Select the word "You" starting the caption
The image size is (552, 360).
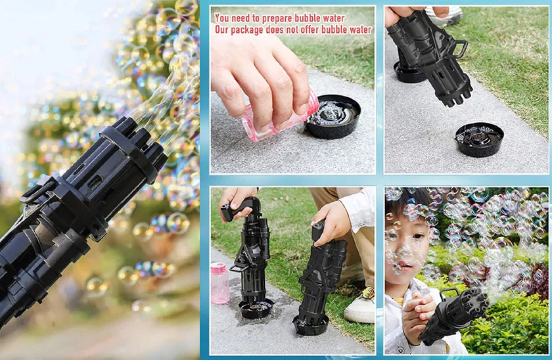pos(223,17)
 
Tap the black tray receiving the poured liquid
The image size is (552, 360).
pos(333,116)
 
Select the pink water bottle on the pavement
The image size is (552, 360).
pos(220,283)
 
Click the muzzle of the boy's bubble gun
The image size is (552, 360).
pos(476,302)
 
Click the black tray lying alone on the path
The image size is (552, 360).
pos(479,139)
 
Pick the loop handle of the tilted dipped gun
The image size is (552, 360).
pos(460,49)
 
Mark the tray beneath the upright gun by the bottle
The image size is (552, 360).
pos(256,308)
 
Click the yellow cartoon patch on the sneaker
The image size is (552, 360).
pos(368,293)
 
